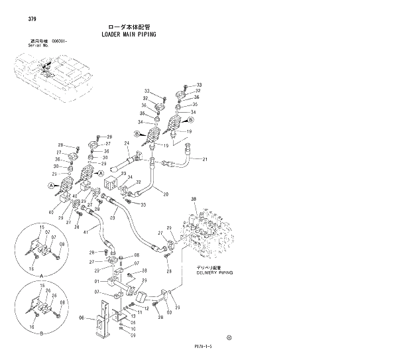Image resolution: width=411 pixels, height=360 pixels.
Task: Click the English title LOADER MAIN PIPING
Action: coord(129,34)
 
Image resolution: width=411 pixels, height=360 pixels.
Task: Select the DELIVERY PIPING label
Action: coord(213,272)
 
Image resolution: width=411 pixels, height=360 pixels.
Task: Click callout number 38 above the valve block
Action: coord(194,200)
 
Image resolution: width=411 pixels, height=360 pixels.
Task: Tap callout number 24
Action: coord(127,143)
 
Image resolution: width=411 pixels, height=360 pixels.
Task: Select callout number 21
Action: coord(205,159)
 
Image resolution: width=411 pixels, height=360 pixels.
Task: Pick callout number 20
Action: coord(165,194)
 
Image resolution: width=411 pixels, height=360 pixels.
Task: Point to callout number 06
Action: coord(81,318)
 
